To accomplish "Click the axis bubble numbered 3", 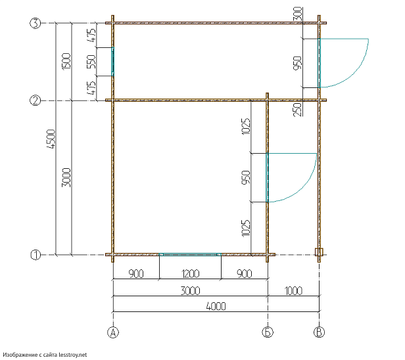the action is click(x=36, y=23).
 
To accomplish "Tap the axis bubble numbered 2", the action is click(x=36, y=101).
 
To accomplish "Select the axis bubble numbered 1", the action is click(x=36, y=255).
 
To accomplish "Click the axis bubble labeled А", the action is click(x=113, y=332).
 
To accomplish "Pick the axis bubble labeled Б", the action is click(x=268, y=332).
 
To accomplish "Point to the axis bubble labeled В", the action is click(x=319, y=332).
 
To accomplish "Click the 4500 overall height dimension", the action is click(x=51, y=139).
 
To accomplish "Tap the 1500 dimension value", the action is click(x=66, y=61).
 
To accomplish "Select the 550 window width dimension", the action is click(x=91, y=62).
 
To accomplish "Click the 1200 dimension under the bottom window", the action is click(x=191, y=273).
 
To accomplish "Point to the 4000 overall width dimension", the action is click(x=216, y=306).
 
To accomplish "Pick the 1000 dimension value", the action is click(x=293, y=291).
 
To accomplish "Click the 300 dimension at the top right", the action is click(x=298, y=14).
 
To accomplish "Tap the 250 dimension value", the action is click(x=298, y=110).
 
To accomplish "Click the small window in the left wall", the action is click(x=112, y=62).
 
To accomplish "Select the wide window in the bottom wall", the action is click(x=190, y=255).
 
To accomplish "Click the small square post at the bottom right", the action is click(x=319, y=252).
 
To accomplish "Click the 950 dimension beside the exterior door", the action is click(x=298, y=63).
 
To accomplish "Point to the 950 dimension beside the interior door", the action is click(x=246, y=177).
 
